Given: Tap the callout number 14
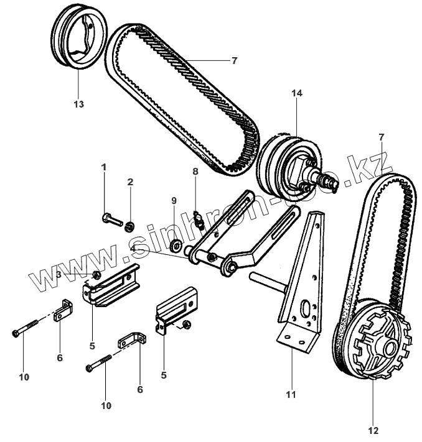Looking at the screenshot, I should (x=297, y=94).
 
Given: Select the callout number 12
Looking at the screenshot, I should (x=373, y=430).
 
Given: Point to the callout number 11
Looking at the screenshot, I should (x=291, y=394).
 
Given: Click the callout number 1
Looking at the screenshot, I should (x=104, y=167).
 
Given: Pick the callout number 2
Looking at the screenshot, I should (x=130, y=182).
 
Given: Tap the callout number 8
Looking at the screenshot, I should (x=195, y=171).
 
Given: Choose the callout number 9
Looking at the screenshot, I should (x=174, y=200).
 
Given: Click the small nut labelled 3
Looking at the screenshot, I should (x=96, y=275).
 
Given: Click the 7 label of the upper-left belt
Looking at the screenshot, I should (x=234, y=60).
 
